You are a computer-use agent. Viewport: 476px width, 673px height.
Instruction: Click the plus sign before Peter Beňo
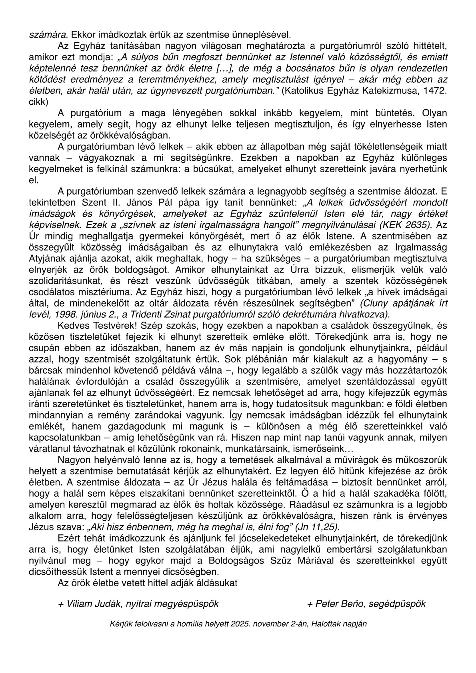pos(310,603)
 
